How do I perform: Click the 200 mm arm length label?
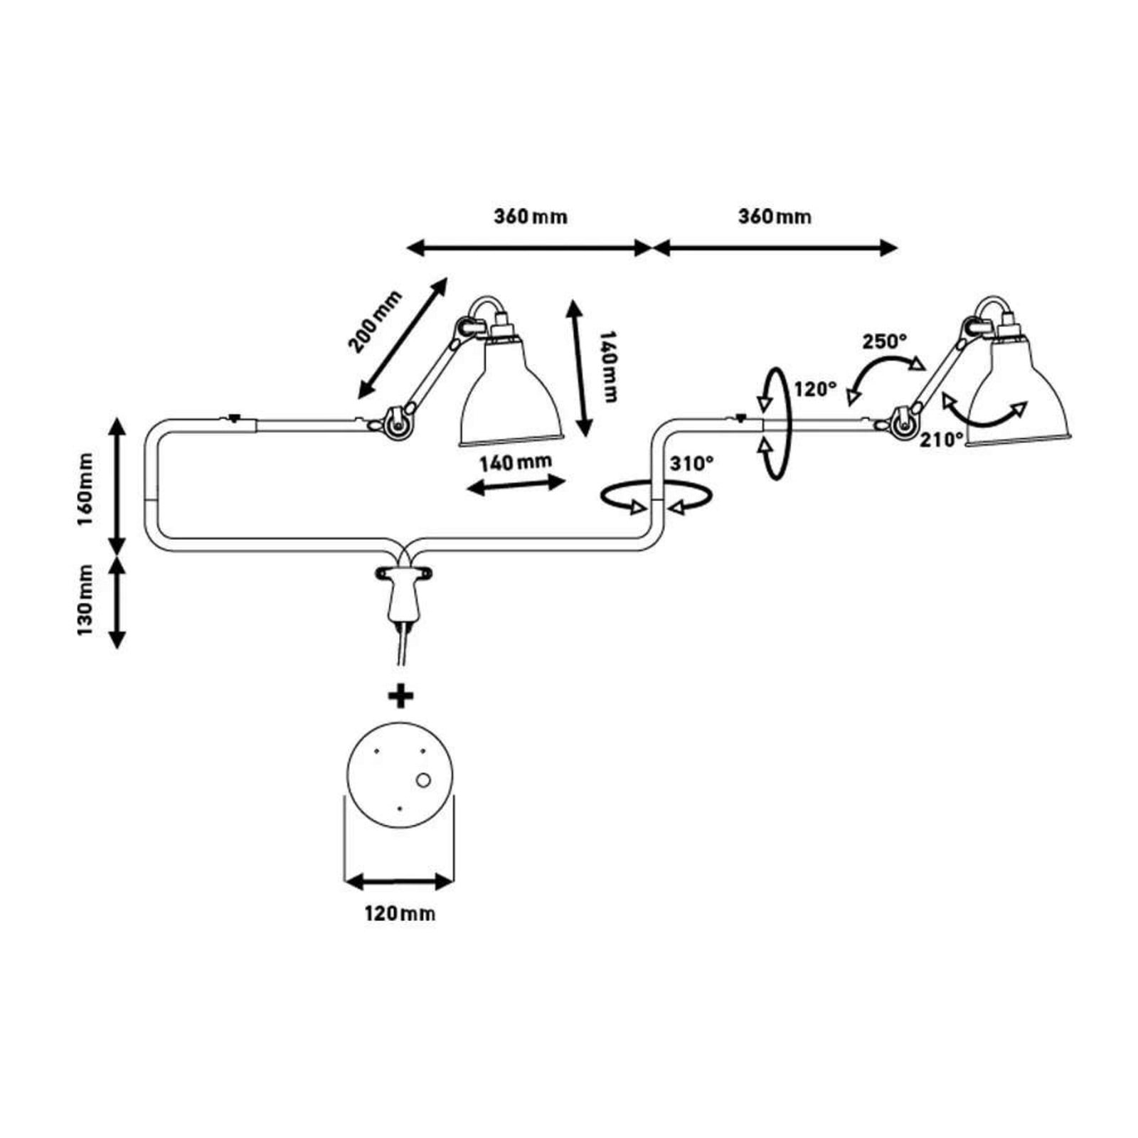[375, 321]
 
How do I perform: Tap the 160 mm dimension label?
[85, 487]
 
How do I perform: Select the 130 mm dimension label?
[85, 600]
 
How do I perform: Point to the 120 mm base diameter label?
[400, 913]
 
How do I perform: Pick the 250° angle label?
[885, 341]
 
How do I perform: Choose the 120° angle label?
[816, 389]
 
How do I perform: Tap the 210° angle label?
[942, 440]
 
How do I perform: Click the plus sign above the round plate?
[401, 696]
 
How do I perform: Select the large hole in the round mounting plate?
[423, 780]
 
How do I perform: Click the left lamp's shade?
[513, 395]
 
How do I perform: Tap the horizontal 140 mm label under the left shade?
[515, 463]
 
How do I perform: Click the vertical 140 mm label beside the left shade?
[608, 366]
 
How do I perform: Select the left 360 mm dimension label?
[531, 216]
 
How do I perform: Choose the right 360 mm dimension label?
[775, 216]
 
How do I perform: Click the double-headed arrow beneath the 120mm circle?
[399, 883]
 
